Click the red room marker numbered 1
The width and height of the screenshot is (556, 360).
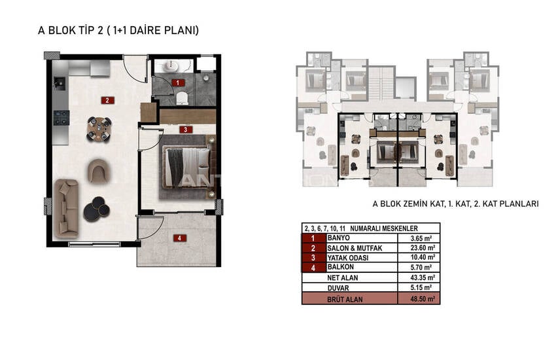coord(178,82)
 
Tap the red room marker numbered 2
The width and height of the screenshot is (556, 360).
coord(107,100)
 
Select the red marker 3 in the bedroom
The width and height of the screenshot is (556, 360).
coord(186,130)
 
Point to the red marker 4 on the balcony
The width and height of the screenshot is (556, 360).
coord(179,238)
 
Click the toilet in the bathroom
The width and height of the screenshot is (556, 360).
coord(182,98)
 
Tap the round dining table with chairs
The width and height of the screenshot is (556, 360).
coord(99,129)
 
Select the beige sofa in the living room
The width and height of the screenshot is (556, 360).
coord(66,208)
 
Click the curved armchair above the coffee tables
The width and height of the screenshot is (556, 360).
coord(98,171)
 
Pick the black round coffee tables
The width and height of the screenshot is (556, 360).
coord(96,209)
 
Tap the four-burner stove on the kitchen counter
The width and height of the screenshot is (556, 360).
coord(61,118)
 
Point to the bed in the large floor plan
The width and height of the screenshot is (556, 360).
coord(187,167)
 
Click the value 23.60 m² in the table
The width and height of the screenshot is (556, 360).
coord(423,248)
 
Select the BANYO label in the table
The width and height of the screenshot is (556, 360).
coord(338,238)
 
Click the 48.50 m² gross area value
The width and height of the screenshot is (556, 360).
coord(423,299)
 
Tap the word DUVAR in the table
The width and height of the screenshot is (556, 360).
coord(338,289)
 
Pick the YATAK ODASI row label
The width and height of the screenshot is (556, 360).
coord(347,258)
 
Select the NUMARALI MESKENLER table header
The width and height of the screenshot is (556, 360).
coord(384,228)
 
